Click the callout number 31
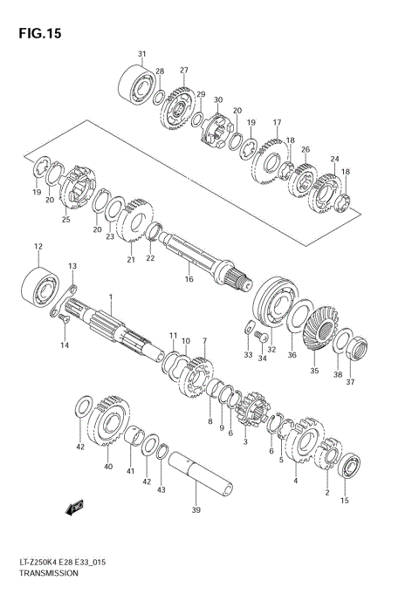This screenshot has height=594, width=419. pos(141,55)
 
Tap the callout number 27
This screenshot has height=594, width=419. pos(184,70)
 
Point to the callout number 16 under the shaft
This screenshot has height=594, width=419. pos(188,279)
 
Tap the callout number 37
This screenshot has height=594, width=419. pos(352,381)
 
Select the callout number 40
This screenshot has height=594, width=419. pos(108,467)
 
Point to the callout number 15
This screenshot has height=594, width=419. pos(345,501)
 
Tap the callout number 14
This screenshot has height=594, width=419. pos(63,346)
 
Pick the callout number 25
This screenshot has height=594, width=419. pos(65,219)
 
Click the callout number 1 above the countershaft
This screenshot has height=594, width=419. pos(111,297)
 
